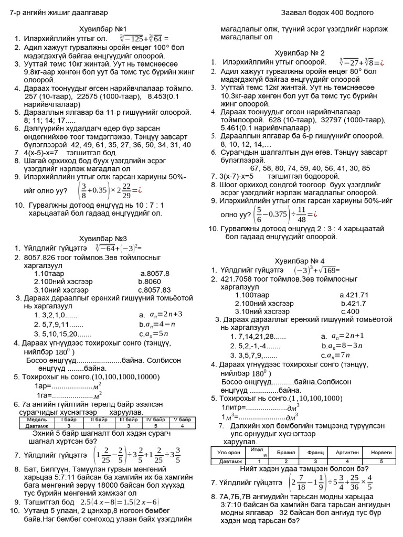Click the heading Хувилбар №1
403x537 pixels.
click(x=102, y=29)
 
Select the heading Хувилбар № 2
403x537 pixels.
click(x=300, y=53)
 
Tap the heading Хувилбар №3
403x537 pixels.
click(x=102, y=238)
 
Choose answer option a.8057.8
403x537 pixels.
click(x=155, y=273)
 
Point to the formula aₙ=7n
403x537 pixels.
click(x=347, y=355)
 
